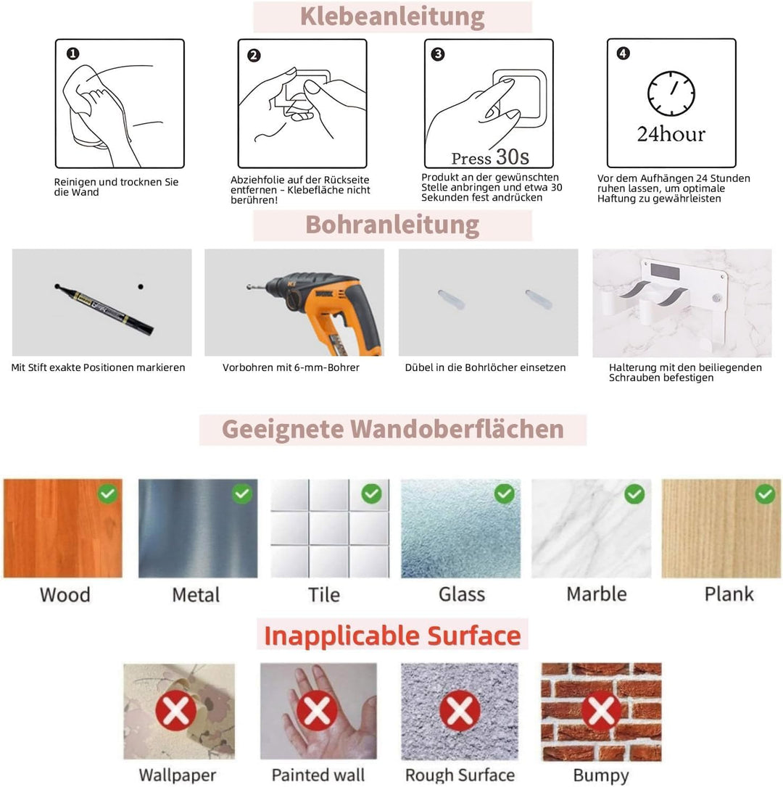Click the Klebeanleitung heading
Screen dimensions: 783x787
coord(392,17)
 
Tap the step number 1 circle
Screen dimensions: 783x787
coord(72,54)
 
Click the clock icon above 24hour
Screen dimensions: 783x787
coord(671,93)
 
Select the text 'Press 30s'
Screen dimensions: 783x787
coord(490,157)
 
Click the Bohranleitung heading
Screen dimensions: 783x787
coord(392,225)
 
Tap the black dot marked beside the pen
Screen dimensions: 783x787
coord(141,286)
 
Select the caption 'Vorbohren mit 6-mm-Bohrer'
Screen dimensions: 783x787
coord(291,367)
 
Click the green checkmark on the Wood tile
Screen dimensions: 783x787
coord(107,494)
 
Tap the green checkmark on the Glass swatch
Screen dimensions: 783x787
coord(505,494)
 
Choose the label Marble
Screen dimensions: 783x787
coord(597,594)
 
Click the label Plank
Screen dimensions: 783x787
coord(729,594)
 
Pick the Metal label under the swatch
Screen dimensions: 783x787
coord(196,595)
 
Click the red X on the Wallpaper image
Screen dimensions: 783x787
coord(175,711)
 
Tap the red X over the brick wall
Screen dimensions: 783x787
coord(601,711)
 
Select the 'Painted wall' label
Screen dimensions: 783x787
coord(318,775)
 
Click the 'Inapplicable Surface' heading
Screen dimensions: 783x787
coord(392,636)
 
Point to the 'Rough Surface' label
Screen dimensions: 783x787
coord(460,775)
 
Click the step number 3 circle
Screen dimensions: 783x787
coord(438,54)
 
